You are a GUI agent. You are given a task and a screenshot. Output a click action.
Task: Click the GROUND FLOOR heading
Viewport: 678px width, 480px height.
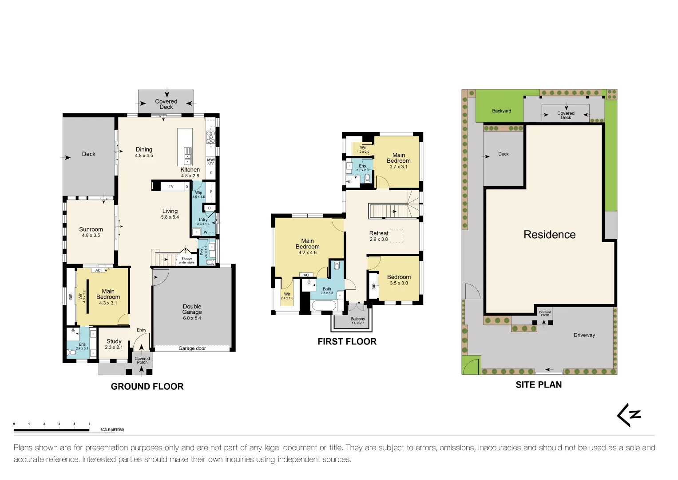coord(147,386)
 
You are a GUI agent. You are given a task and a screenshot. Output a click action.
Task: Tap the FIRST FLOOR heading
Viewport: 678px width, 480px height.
coord(347,341)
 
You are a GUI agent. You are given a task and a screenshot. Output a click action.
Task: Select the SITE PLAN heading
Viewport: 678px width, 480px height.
coord(539,384)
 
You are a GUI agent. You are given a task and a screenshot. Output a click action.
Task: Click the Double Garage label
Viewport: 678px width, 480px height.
coord(192,309)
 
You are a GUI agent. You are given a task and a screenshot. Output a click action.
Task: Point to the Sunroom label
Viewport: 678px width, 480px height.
coord(91,229)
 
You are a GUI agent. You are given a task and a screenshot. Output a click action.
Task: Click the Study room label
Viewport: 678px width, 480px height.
coord(114,341)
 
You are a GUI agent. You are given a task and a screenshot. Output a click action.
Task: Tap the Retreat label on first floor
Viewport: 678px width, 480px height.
coord(379,233)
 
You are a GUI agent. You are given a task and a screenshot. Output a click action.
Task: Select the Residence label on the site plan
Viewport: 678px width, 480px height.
coord(549,235)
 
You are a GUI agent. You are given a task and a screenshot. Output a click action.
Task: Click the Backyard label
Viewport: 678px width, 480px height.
coord(501,111)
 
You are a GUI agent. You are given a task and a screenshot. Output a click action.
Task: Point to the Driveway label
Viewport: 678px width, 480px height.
coord(584,335)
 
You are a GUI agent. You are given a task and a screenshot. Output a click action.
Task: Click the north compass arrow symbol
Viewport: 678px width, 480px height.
coord(629,415)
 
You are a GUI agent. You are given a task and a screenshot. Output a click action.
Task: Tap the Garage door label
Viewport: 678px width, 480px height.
coord(192,348)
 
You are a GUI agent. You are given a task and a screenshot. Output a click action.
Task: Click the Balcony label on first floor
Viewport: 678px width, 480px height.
coord(357,319)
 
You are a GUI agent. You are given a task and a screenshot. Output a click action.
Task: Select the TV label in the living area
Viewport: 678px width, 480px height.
coord(171,187)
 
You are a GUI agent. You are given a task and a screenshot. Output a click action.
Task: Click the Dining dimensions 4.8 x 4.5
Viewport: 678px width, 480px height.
coord(144,156)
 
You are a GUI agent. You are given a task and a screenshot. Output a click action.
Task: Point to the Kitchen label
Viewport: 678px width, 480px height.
coord(190,170)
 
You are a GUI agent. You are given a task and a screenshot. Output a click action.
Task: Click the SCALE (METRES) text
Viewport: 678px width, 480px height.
coord(112,430)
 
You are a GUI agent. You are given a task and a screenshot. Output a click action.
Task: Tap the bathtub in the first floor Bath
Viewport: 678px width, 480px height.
coord(324,306)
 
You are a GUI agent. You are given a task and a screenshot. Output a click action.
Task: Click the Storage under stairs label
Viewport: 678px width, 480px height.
coord(186,260)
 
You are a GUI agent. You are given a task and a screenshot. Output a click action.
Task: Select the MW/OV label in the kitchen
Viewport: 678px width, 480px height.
coord(210,161)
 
